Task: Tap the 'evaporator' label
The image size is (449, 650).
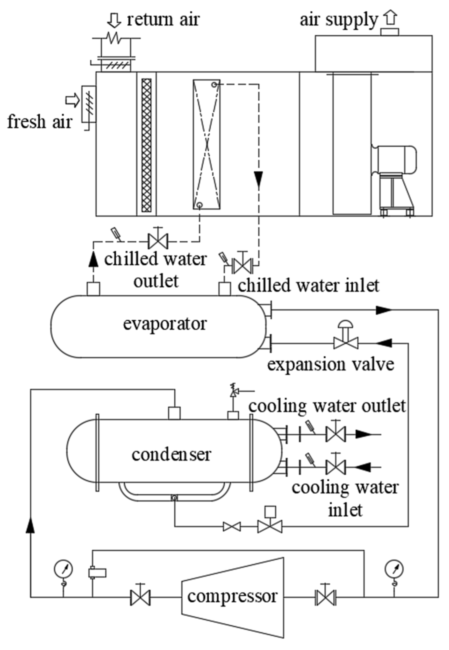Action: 165,324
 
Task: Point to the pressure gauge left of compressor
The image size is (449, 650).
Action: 63,569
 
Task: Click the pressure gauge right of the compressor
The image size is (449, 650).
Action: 394,569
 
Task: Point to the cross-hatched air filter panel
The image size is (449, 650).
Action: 146,145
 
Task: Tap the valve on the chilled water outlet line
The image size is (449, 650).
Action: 158,241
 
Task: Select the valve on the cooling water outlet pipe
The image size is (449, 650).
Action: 336,434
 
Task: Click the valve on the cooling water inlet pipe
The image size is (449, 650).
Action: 336,467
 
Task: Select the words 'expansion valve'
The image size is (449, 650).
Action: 331,365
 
